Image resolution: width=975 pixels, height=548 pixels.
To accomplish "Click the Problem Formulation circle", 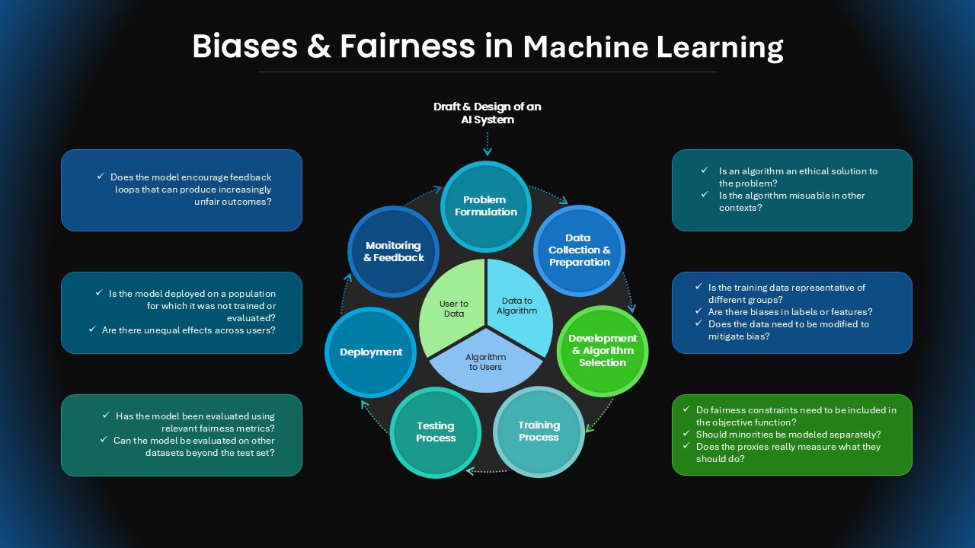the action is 486,206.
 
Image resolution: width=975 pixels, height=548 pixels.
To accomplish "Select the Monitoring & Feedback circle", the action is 394,251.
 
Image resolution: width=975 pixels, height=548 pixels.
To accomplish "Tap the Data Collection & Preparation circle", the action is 580,250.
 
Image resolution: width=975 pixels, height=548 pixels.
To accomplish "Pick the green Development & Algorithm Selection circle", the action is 603,351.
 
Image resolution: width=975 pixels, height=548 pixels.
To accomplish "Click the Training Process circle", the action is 539,432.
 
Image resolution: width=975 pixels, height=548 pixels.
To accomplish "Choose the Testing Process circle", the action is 436,432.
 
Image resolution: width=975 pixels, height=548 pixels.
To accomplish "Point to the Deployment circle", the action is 370,352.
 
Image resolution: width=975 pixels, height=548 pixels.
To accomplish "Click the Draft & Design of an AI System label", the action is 487,113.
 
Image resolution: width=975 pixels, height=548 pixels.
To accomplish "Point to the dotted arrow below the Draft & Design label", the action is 487,144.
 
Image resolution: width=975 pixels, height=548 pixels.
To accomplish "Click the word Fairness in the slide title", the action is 408,46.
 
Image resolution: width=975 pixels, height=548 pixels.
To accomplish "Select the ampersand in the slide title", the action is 319,46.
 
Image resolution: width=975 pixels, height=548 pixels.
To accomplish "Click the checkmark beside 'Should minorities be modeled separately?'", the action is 686,433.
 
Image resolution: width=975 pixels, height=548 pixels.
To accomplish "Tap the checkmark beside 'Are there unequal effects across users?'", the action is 92,329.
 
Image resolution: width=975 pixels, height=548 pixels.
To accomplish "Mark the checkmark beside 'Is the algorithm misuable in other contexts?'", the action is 705,194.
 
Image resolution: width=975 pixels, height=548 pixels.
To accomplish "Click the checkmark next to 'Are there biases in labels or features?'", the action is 698,311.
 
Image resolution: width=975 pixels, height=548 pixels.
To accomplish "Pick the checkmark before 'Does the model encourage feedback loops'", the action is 101,176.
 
